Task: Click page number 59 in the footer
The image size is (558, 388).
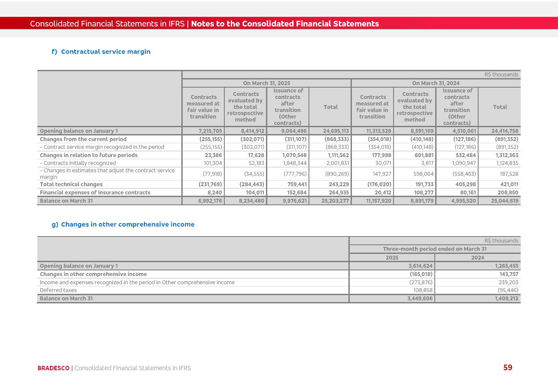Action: tap(508, 368)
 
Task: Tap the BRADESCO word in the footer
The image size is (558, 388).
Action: tap(53, 368)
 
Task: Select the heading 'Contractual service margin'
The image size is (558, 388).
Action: tap(105, 52)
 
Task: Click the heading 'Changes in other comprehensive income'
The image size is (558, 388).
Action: tap(128, 224)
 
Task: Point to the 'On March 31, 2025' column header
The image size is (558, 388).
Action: tap(266, 83)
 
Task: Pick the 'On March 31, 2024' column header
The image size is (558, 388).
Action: tap(436, 83)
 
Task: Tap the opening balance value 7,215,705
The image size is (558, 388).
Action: tap(210, 131)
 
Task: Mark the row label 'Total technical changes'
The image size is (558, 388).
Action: tap(71, 184)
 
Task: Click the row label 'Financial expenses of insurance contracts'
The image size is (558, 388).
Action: tap(95, 193)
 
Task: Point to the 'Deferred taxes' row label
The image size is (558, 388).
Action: tap(58, 290)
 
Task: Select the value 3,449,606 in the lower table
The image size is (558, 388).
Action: tap(420, 299)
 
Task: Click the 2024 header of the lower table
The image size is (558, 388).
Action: tap(477, 258)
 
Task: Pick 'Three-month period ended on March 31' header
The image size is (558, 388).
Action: tap(434, 249)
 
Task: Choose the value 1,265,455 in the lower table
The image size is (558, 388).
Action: tap(506, 266)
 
